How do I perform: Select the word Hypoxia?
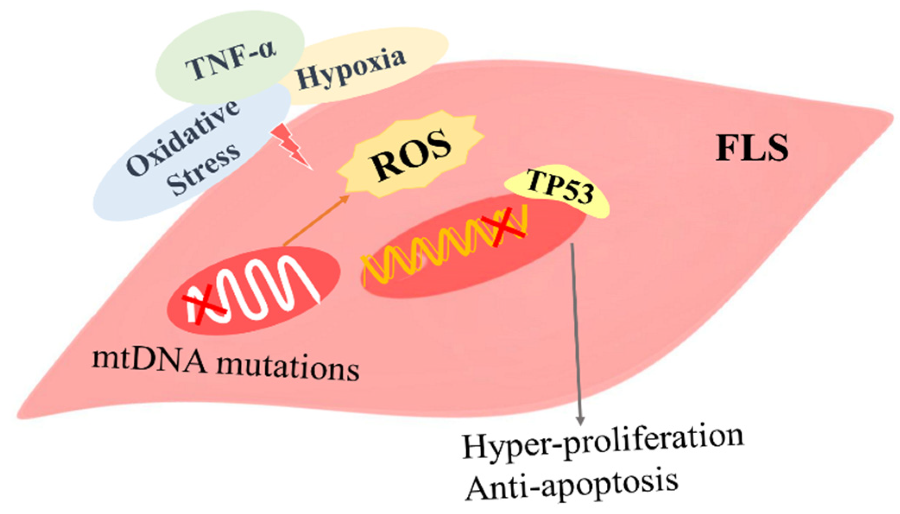[350, 67]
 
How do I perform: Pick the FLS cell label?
[752, 148]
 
